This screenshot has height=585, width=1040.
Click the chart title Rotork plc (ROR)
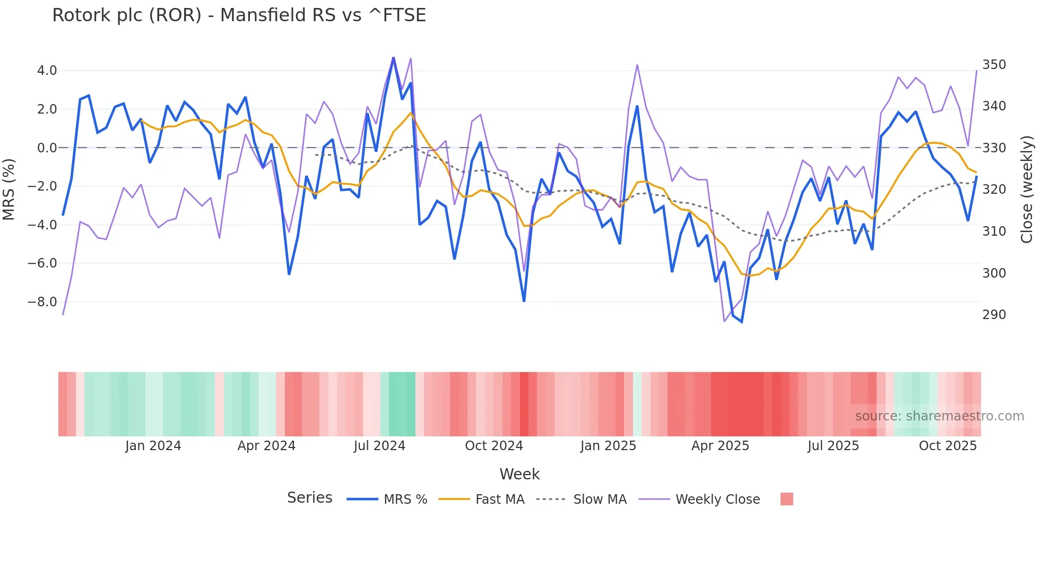coord(239,15)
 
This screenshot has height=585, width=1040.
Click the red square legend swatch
coord(786,499)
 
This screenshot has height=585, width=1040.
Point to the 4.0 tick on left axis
coord(47,71)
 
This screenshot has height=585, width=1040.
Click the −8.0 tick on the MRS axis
coord(42,302)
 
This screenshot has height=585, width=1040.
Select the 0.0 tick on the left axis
coord(47,148)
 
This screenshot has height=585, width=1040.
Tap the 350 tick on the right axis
coord(994,65)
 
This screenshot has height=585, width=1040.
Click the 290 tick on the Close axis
coord(994,315)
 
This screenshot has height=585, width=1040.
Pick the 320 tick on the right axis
coord(994,190)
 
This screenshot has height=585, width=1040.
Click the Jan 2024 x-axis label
coord(153,446)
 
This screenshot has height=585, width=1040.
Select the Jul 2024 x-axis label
coord(379,446)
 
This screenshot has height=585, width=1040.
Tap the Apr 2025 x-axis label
coord(720,446)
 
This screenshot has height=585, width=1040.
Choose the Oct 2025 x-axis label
coord(948,446)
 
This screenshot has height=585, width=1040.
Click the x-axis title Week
coord(519,474)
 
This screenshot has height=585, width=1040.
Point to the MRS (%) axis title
coord(9,190)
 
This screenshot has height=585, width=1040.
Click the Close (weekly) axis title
coord(1027,190)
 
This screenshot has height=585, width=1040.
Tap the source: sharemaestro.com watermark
coord(939,416)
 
